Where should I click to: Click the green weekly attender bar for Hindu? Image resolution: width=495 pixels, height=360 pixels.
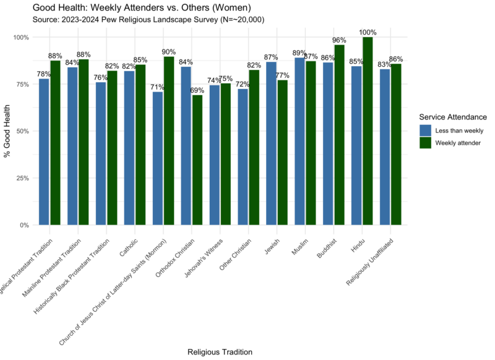tap(368, 131)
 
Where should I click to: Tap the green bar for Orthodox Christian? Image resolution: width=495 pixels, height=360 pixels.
tap(197, 160)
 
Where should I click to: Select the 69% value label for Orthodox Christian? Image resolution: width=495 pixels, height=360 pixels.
tap(197, 90)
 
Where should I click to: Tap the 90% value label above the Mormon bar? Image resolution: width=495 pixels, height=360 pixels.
tap(168, 52)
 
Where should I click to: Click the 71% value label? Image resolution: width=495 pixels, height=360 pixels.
tap(157, 87)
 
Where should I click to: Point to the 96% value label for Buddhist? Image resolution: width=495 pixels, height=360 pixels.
tap(339, 40)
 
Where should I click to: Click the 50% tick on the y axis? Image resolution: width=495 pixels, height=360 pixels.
tap(22, 131)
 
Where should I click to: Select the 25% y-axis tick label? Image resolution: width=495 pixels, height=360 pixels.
tap(22, 178)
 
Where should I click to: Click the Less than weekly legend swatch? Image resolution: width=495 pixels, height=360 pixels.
tap(425, 130)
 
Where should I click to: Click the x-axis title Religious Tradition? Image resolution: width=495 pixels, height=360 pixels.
tap(220, 352)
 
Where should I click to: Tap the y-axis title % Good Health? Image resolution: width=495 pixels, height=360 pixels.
tap(8, 131)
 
